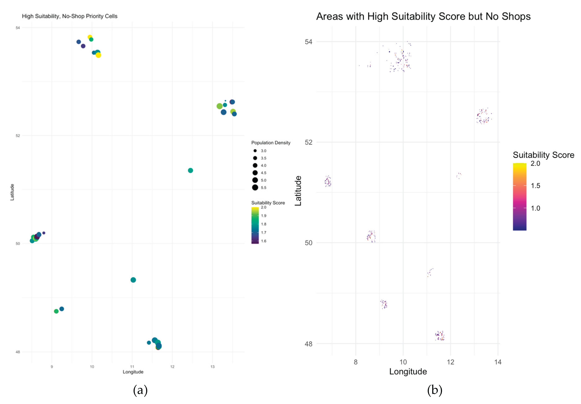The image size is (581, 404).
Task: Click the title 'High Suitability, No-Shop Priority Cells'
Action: (x=70, y=16)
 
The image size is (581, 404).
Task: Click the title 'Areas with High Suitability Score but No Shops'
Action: (x=423, y=16)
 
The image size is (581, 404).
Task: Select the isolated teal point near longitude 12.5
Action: (x=191, y=170)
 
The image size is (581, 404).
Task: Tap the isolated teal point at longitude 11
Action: (x=133, y=280)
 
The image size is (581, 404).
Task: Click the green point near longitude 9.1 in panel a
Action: (x=56, y=311)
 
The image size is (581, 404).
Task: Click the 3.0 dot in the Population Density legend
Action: (x=255, y=151)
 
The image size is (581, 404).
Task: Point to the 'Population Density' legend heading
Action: (x=271, y=143)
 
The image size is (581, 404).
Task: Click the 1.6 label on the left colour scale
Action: (x=264, y=241)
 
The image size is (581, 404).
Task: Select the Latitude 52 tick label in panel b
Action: (x=308, y=142)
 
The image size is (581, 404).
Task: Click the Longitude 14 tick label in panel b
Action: (x=498, y=362)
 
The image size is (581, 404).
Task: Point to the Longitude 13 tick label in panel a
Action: (x=213, y=366)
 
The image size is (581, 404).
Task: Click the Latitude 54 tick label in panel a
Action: (x=18, y=28)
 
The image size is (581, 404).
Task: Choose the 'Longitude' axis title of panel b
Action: (x=408, y=372)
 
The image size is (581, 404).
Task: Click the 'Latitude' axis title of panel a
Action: (x=12, y=192)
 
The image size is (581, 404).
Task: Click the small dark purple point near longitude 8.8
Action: (x=44, y=233)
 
